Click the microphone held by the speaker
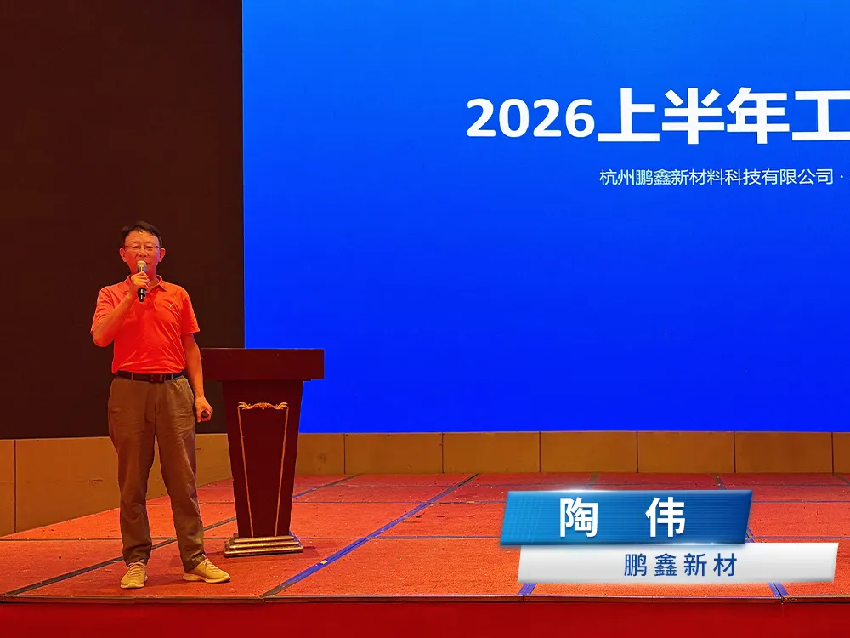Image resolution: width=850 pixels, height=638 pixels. [x=141, y=280]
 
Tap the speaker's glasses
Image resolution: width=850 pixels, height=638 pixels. [x=142, y=248]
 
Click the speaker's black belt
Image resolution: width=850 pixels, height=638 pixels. [x=149, y=376]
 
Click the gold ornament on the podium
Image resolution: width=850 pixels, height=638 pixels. [x=263, y=406]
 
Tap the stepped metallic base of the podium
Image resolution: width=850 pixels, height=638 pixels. [x=263, y=544]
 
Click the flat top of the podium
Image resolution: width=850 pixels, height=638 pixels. [x=263, y=363]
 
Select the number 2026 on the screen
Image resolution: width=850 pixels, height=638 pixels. [x=530, y=118]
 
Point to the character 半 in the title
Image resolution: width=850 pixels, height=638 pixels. [x=693, y=116]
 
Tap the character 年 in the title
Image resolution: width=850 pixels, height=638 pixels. [x=757, y=116]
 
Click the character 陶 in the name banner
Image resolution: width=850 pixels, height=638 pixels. [x=579, y=517]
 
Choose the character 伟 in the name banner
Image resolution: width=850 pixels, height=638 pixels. [x=666, y=517]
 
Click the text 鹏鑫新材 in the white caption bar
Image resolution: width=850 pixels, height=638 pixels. [x=681, y=567]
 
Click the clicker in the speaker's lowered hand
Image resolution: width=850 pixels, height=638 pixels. [x=205, y=415]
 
